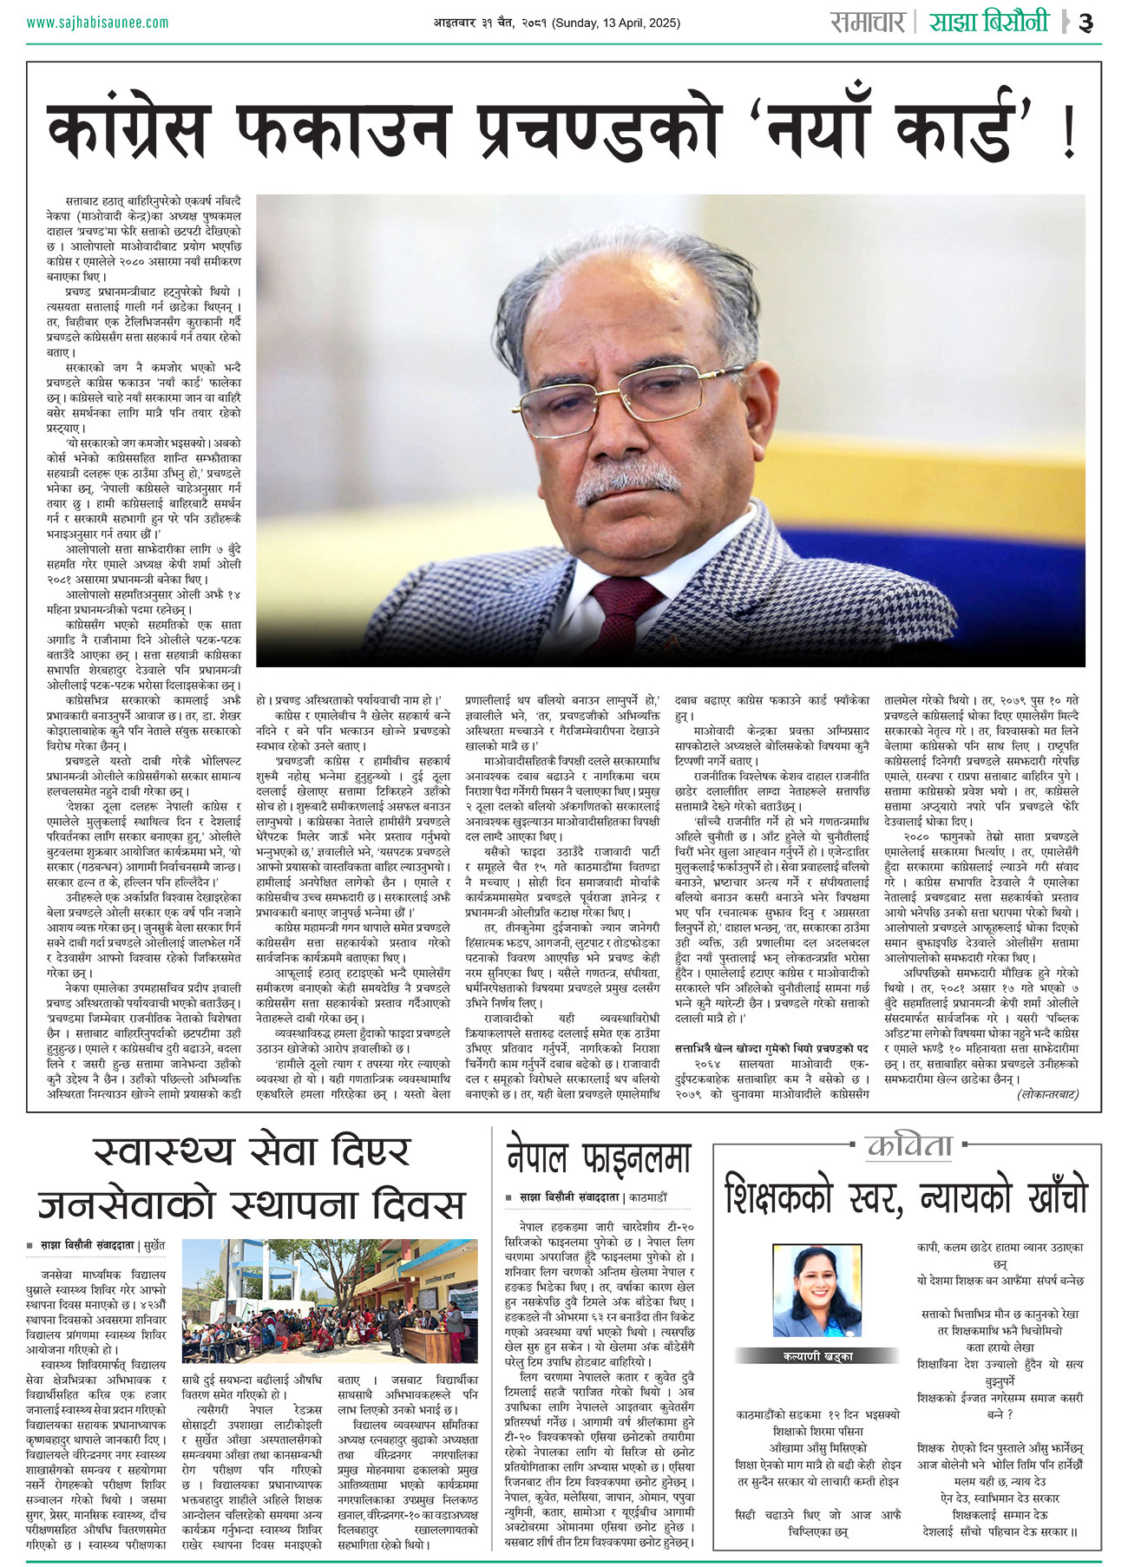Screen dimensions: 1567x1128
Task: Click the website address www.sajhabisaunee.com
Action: pos(97,23)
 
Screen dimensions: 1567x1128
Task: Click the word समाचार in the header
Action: pos(867,22)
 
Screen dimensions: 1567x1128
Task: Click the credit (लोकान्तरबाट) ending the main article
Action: pos(1047,1094)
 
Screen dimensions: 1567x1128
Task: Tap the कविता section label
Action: pos(907,1146)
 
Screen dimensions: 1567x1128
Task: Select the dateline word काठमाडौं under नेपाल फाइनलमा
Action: pos(646,1197)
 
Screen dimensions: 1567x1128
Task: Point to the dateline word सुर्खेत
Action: pos(156,1245)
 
